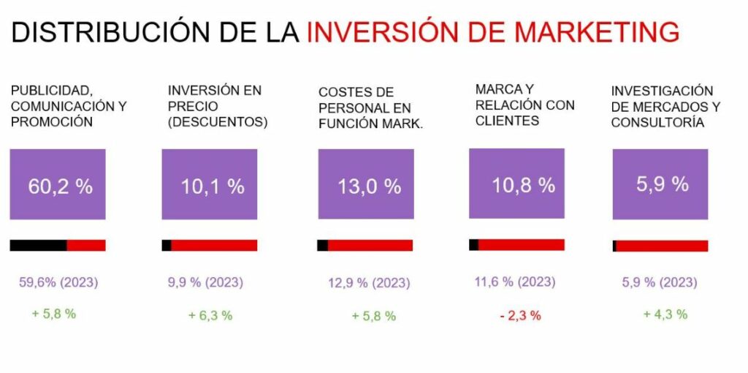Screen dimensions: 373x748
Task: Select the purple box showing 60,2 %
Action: coord(58,184)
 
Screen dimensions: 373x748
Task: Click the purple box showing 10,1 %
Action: coord(210,184)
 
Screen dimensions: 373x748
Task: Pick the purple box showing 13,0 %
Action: coord(366,184)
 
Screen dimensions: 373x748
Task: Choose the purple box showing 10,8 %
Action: coord(516,183)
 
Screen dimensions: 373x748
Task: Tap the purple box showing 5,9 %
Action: coord(660,183)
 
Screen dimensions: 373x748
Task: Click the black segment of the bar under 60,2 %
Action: coord(38,245)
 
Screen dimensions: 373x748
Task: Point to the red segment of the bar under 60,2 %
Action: coord(86,245)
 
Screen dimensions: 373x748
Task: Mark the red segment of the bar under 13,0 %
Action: coord(371,246)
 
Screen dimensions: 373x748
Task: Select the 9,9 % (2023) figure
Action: coord(205,282)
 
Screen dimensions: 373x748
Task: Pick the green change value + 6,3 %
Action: coord(210,315)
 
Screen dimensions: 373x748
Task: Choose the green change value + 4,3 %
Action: coord(665,314)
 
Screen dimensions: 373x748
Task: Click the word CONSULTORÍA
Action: coord(657,123)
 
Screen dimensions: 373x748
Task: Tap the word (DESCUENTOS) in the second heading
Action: coord(217,122)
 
